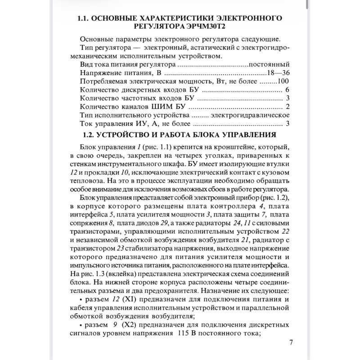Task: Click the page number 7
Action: click(x=291, y=343)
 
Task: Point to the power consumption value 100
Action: click(x=283, y=81)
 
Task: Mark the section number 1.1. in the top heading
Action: click(x=86, y=18)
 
